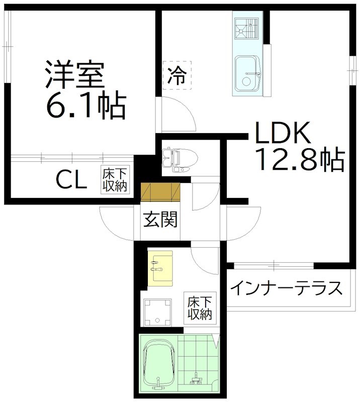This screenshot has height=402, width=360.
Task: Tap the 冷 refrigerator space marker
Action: pyautogui.click(x=176, y=75)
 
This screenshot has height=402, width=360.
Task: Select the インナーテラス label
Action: pyautogui.click(x=287, y=288)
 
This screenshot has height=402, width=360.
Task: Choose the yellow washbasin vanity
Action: pyautogui.click(x=160, y=268)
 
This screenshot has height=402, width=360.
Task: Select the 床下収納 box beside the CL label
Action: pyautogui.click(x=116, y=179)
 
